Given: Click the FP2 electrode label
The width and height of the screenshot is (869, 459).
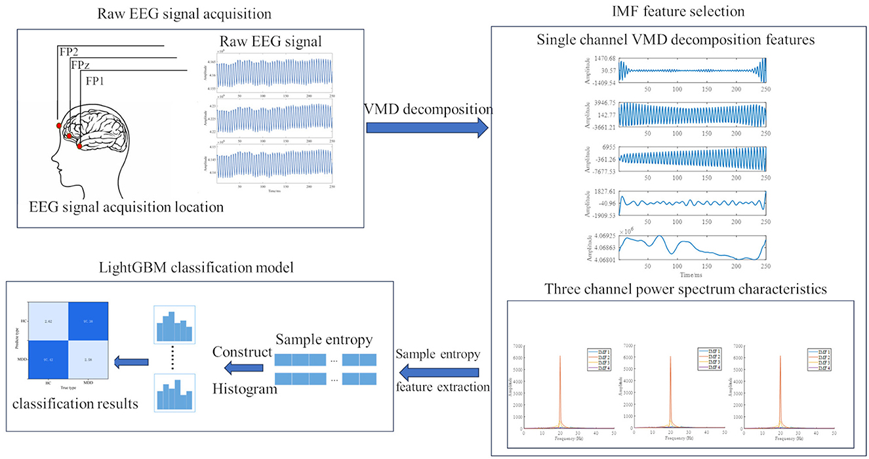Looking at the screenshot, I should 69,52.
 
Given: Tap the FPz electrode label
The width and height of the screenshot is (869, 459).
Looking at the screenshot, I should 81,66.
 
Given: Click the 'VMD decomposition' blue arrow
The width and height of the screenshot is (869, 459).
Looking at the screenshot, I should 426,125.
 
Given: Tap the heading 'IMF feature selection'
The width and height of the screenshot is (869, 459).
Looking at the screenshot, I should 675,12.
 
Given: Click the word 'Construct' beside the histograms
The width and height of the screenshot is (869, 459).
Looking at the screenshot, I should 241,352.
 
